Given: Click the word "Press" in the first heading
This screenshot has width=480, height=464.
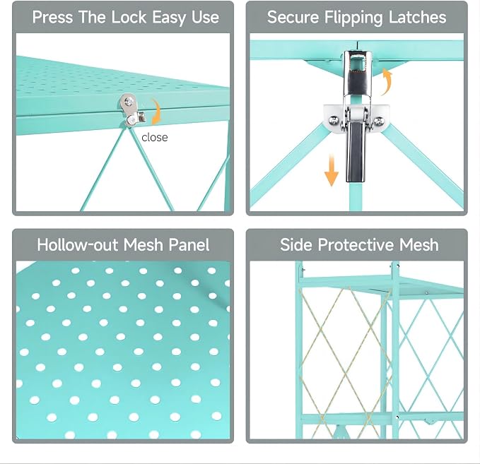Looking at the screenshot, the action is [52, 17].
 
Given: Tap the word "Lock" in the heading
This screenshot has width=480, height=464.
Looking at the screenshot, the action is [129, 17].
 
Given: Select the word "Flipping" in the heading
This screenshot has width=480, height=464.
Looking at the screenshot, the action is [353, 18].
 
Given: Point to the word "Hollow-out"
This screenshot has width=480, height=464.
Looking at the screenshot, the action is [78, 244].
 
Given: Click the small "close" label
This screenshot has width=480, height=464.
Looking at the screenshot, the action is [155, 137].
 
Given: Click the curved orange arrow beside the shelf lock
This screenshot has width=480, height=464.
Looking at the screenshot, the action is [158, 111].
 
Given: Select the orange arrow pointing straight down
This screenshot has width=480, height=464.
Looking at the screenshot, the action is [332, 170].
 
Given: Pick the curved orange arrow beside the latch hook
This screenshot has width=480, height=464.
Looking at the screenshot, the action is [387, 81].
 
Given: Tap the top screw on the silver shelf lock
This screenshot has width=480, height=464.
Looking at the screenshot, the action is [129, 101].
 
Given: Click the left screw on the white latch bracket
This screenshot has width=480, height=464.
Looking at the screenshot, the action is [334, 120].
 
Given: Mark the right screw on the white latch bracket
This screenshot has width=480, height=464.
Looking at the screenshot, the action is [379, 121].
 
